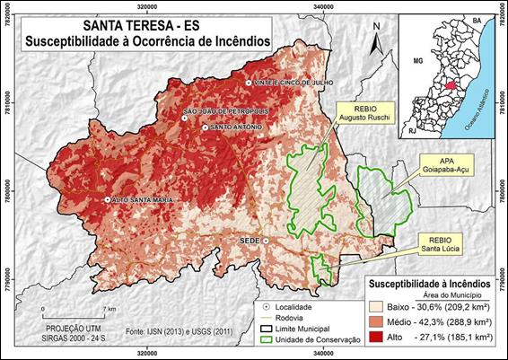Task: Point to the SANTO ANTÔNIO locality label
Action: pos(236,127)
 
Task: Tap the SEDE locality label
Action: pos(250,241)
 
